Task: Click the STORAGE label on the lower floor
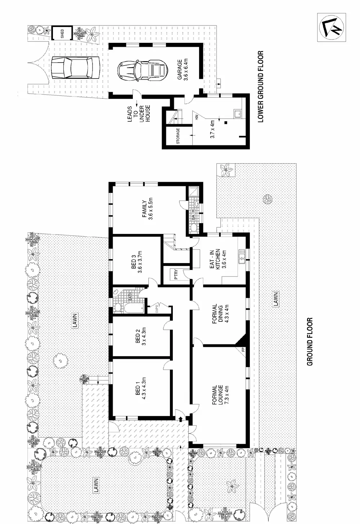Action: pos(178,136)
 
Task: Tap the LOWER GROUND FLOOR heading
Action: pos(261,86)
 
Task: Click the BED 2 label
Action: pos(140,338)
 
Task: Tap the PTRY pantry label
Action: pos(176,275)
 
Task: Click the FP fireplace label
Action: pos(243,349)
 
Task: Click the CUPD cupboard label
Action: pos(157,309)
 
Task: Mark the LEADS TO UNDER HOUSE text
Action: pos(139,113)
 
